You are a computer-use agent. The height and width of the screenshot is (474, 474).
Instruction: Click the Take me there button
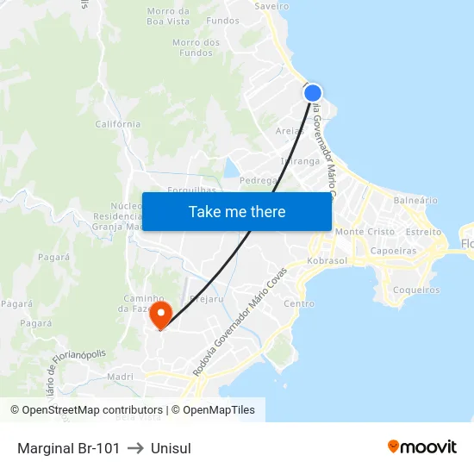pos(236,211)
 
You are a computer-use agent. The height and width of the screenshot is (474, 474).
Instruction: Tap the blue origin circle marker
pos(313,93)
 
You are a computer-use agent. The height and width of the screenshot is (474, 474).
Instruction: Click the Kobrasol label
pos(327,261)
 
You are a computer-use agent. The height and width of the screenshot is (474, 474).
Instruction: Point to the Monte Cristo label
pos(365,232)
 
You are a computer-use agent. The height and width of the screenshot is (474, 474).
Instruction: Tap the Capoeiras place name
pos(392,251)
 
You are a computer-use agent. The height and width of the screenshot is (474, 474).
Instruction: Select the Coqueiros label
pos(415,290)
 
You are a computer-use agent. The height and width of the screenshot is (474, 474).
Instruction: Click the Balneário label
pos(415,200)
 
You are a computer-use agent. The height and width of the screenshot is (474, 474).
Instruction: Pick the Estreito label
pos(423,232)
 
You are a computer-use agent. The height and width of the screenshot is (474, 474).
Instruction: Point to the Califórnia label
pos(118,124)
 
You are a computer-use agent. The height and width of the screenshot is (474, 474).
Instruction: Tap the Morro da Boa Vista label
pos(168,16)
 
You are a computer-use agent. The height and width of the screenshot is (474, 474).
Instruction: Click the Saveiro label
pos(271,5)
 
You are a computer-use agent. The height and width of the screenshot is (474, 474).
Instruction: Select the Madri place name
pos(121,377)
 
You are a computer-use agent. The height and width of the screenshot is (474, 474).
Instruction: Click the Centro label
pos(299,303)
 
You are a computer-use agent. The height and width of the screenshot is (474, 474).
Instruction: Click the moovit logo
pos(421,447)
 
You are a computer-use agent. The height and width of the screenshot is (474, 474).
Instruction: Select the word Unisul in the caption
pos(171,448)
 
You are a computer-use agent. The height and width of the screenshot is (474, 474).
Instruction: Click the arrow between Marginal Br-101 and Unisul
pos(135,448)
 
